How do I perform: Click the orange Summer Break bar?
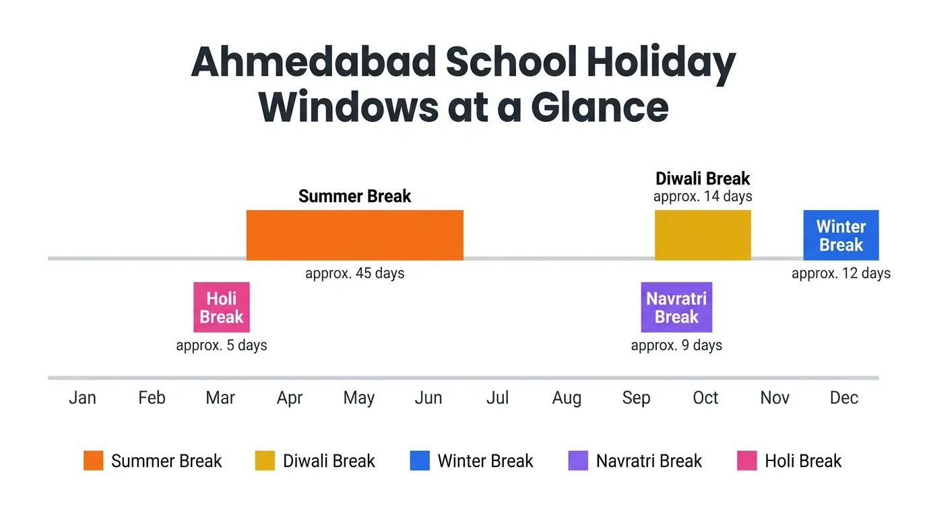(354, 235)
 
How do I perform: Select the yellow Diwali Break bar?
(703, 235)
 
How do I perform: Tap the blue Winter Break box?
(841, 235)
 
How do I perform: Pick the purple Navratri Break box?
(676, 307)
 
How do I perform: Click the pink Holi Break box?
(222, 307)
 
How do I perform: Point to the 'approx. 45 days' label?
(354, 273)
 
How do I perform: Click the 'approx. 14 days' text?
(703, 197)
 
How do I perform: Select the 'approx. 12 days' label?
(841, 273)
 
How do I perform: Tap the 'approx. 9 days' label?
(676, 345)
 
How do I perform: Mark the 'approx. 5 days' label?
(222, 345)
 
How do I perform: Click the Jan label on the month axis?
(82, 398)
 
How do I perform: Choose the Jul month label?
(497, 398)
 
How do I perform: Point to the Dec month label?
(843, 398)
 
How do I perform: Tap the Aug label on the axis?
(567, 398)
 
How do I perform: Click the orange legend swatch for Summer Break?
(94, 461)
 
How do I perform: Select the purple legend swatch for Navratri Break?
(578, 461)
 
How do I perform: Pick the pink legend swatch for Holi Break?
(747, 461)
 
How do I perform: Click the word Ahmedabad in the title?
(313, 63)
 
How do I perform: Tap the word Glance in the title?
(600, 106)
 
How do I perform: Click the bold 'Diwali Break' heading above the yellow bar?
(703, 179)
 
